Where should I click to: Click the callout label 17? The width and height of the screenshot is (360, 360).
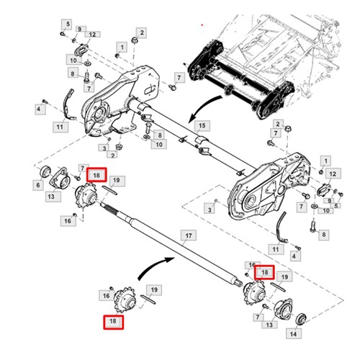click(188, 235)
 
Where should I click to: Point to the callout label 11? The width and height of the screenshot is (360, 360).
click(60, 127)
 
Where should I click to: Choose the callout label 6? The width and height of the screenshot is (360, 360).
click(37, 185)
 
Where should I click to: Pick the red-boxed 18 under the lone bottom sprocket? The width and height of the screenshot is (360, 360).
click(112, 322)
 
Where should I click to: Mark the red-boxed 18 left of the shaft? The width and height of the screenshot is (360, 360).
click(96, 175)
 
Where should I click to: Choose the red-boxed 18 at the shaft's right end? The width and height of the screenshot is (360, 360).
click(265, 272)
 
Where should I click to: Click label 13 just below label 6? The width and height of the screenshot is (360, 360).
click(53, 196)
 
